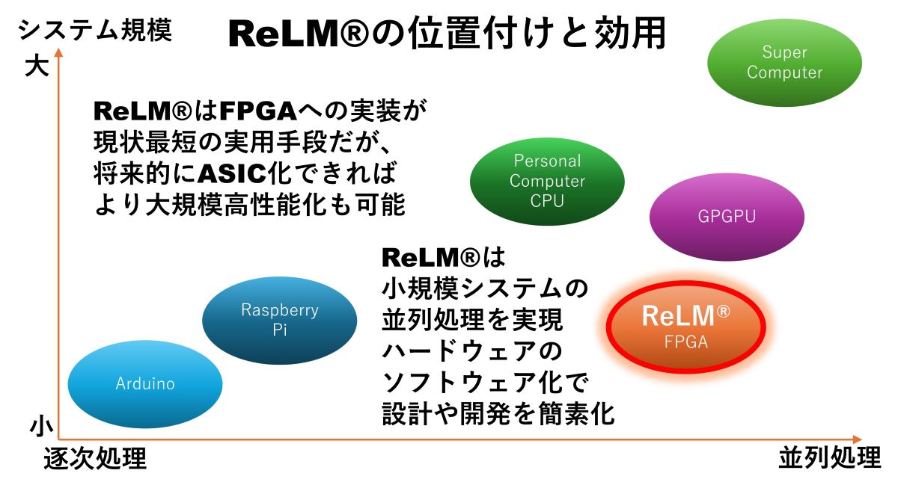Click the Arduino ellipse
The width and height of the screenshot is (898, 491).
pyautogui.click(x=145, y=384)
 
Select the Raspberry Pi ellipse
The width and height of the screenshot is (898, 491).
pyautogui.click(x=280, y=320)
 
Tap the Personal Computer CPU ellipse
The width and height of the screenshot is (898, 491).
pyautogui.click(x=547, y=180)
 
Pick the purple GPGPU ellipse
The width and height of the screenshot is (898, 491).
pyautogui.click(x=726, y=217)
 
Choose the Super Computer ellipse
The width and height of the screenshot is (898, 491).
pyautogui.click(x=784, y=63)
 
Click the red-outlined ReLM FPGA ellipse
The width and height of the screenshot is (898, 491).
pyautogui.click(x=685, y=327)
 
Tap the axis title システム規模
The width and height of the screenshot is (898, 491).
pyautogui.click(x=95, y=31)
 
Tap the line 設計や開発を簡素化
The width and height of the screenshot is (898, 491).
pyautogui.click(x=498, y=413)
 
